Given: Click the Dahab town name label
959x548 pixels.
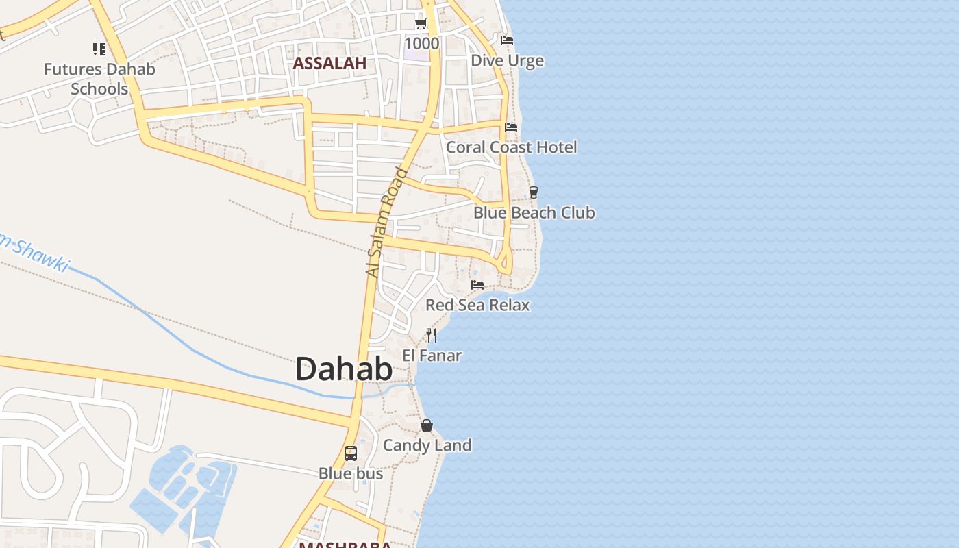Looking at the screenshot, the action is (x=344, y=370).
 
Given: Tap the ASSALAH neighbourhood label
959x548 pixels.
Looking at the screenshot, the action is (x=329, y=64).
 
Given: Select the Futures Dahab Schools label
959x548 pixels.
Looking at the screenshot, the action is (x=99, y=79).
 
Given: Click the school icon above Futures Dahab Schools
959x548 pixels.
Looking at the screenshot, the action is (x=99, y=49).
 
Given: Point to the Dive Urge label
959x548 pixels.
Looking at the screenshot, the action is (x=507, y=61).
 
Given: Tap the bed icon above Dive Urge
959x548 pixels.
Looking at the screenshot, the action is (x=507, y=40).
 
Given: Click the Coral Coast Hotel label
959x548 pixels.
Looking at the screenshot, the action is (x=511, y=147).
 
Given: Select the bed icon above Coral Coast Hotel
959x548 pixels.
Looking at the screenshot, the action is (x=511, y=127).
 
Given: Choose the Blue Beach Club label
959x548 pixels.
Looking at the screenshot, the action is (x=534, y=212).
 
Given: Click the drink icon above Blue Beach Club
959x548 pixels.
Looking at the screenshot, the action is (x=534, y=192).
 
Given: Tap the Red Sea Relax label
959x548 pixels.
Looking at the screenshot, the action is (x=477, y=305).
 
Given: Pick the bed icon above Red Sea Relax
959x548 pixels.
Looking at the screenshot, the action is (x=477, y=284).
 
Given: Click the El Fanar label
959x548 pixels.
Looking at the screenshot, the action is (x=432, y=356).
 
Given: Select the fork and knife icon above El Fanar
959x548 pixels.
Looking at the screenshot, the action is (x=432, y=335).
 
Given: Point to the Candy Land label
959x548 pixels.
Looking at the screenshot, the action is (x=427, y=445).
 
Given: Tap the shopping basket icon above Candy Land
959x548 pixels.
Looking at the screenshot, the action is (x=427, y=425).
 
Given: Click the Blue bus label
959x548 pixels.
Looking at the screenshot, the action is (x=351, y=473).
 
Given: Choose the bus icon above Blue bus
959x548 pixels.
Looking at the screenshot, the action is (x=351, y=453).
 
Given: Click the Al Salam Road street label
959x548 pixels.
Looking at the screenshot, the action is (x=386, y=223).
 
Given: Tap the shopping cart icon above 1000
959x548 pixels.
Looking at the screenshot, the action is (x=421, y=24).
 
